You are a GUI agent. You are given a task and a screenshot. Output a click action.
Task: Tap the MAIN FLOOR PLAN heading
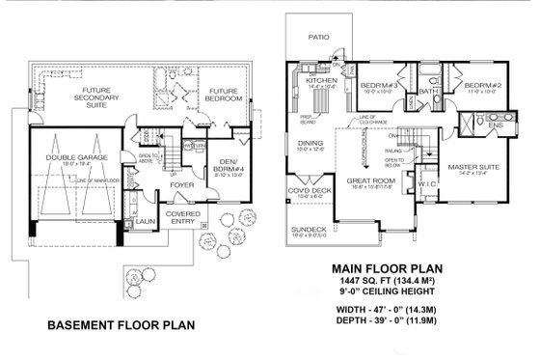(x=388, y=269)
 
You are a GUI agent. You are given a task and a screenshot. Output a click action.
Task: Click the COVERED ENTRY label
(x=182, y=218)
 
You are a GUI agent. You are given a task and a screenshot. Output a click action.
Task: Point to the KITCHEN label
(x=319, y=81)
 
